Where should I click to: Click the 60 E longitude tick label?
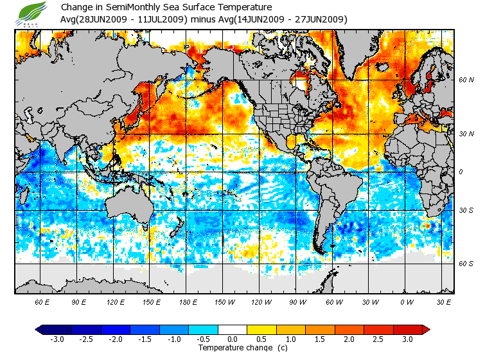click(42, 301)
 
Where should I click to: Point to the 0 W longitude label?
click(407, 301)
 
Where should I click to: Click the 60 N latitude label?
click(466, 80)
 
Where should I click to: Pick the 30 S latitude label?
click(466, 210)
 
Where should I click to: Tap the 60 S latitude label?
click(466, 264)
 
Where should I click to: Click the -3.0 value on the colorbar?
click(57, 339)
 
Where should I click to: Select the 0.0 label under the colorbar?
click(233, 339)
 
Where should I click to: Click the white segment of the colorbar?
click(233, 329)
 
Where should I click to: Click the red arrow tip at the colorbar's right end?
click(425, 329)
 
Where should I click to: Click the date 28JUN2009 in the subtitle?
click(107, 19)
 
